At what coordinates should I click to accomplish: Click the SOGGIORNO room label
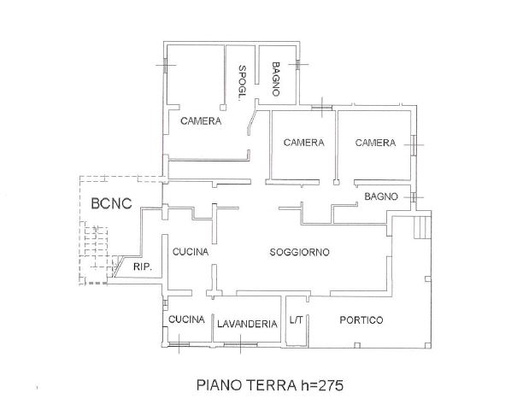pos(299,252)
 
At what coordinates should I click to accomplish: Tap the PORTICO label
pos(361,320)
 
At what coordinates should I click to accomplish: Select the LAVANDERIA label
pos(247,324)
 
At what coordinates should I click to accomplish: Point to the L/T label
pos(296,319)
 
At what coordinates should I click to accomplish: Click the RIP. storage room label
pos(143,266)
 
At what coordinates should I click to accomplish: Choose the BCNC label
pos(111,203)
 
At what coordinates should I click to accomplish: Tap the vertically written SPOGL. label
pos(243,83)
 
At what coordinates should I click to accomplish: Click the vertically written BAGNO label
pos(276,79)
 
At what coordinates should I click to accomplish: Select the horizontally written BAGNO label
pos(381,196)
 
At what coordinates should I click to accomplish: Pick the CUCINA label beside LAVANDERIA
pos(186,319)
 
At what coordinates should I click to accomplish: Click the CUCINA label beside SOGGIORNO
pos(191,252)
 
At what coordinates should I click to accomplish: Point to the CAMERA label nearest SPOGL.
pos(201,121)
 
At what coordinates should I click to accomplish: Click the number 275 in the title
pos(331,385)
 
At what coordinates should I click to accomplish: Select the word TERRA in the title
pos(272,385)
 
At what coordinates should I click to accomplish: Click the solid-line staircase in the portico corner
pos(422,227)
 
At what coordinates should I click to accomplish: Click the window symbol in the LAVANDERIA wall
pos(240,344)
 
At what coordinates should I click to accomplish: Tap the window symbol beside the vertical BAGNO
pos(298,65)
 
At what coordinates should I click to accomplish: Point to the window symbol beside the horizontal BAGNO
pos(414,197)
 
